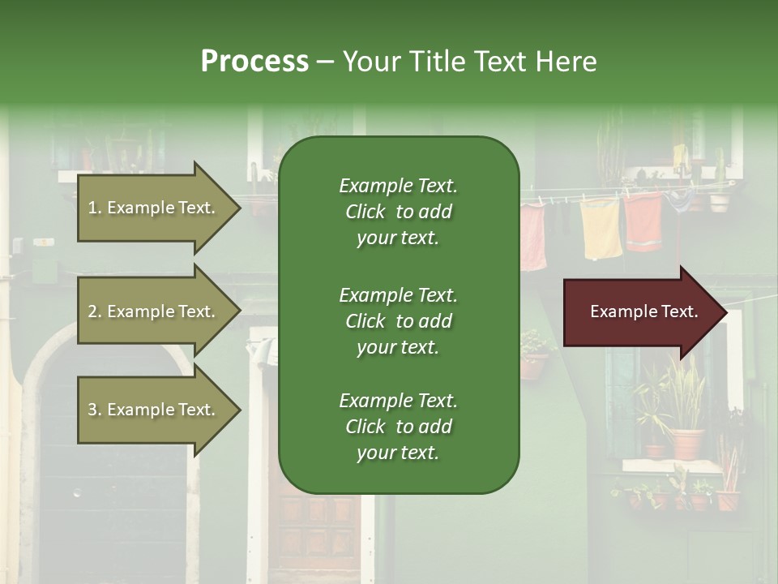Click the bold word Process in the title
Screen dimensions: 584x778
254,62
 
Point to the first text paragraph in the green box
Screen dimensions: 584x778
398,212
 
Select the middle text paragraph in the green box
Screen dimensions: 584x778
398,321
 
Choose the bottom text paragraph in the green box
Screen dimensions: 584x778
398,427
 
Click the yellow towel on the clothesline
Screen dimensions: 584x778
601,228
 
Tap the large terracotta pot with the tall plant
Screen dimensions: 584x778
686,443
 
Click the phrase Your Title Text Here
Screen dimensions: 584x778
469,62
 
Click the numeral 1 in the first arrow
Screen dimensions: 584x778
92,208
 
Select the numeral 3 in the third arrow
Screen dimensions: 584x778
92,410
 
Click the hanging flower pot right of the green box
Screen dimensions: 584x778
532,365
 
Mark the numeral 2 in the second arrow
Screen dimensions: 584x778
92,311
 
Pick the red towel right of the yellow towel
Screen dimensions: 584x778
644,221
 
